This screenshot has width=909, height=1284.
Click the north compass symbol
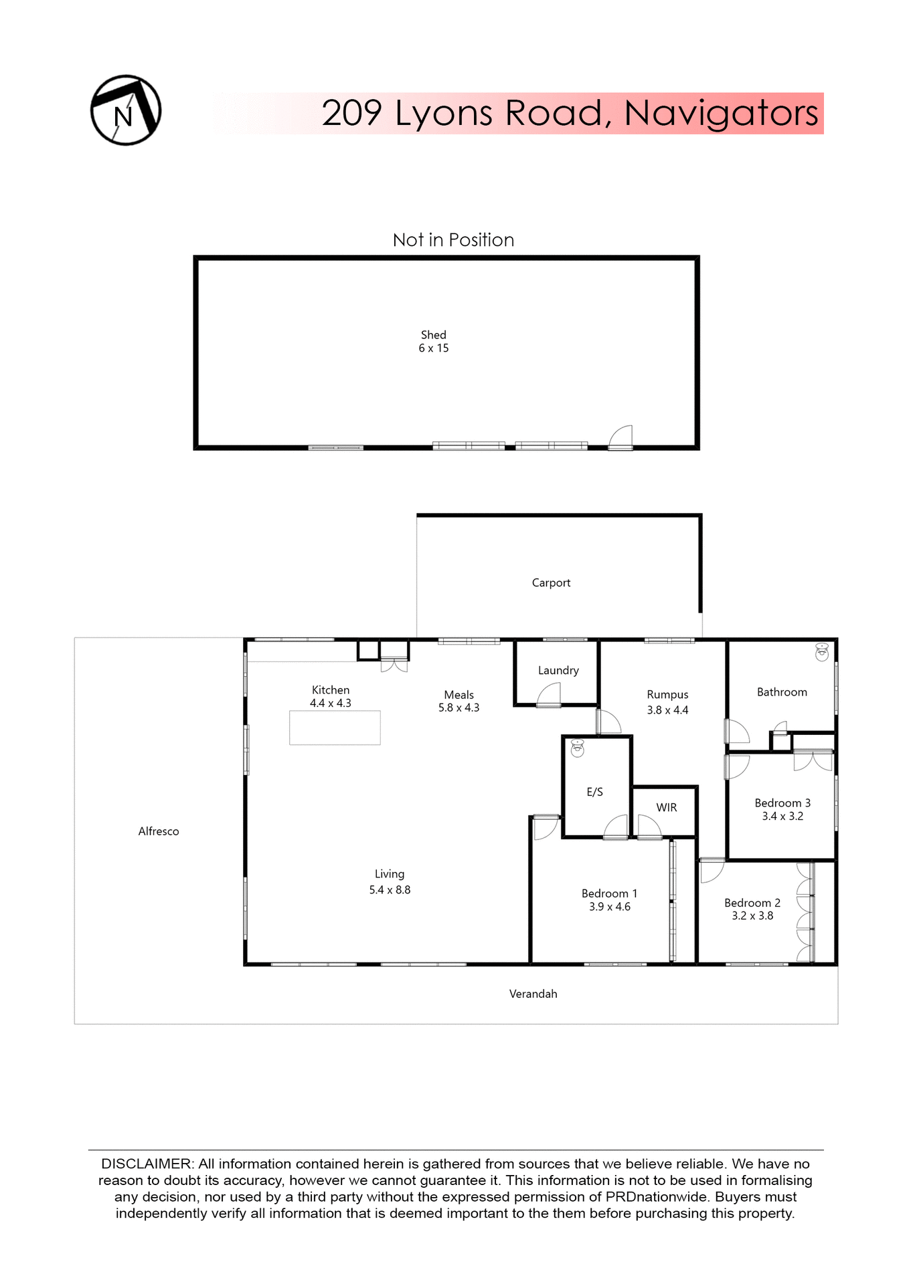[126, 110]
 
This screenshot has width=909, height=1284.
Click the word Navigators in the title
[721, 113]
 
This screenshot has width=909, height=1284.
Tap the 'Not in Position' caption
[453, 240]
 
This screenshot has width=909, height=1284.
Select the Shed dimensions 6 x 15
[433, 348]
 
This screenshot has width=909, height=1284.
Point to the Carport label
[551, 582]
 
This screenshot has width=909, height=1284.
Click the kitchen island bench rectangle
[335, 728]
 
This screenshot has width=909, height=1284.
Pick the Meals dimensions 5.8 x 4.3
[459, 708]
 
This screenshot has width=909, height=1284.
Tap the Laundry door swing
[550, 693]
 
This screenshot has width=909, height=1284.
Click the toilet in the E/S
[577, 748]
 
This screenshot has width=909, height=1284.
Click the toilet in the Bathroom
[821, 652]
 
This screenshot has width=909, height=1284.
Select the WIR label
[666, 807]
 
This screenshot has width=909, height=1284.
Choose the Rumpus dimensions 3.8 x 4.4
[667, 710]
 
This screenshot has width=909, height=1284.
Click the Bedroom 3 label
[782, 802]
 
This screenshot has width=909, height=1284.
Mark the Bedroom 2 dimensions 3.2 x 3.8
[752, 916]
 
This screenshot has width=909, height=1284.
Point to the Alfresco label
[159, 831]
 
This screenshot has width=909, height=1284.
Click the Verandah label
[533, 994]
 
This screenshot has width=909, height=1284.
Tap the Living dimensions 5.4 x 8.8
[390, 890]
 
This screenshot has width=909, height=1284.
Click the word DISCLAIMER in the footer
[147, 1164]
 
